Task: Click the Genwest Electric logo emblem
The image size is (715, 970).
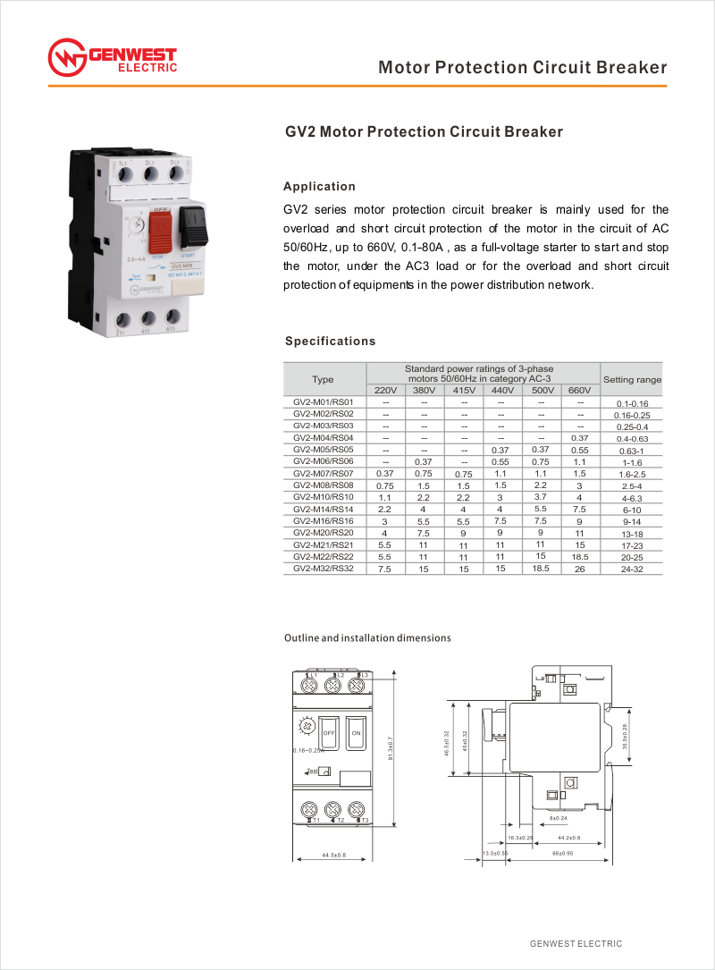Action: (x=66, y=58)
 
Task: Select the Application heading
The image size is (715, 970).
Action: (x=319, y=187)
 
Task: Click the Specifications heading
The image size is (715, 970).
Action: (x=330, y=342)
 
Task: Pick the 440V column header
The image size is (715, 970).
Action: (x=503, y=391)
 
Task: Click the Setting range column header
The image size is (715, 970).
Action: (x=632, y=380)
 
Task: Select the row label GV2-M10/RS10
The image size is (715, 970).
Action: (x=324, y=496)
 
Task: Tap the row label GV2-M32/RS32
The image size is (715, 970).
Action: (x=324, y=568)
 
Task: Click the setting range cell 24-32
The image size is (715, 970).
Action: (x=632, y=569)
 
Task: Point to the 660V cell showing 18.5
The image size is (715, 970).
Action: (x=580, y=556)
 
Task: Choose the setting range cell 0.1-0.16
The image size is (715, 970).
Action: (x=632, y=404)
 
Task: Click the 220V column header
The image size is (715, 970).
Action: (x=385, y=391)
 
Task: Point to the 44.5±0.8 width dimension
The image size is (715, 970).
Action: (x=333, y=856)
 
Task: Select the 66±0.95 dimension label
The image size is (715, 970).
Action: (x=563, y=854)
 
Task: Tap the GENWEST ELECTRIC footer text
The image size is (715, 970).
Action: (x=576, y=944)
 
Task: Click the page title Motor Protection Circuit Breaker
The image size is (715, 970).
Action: (x=522, y=68)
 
